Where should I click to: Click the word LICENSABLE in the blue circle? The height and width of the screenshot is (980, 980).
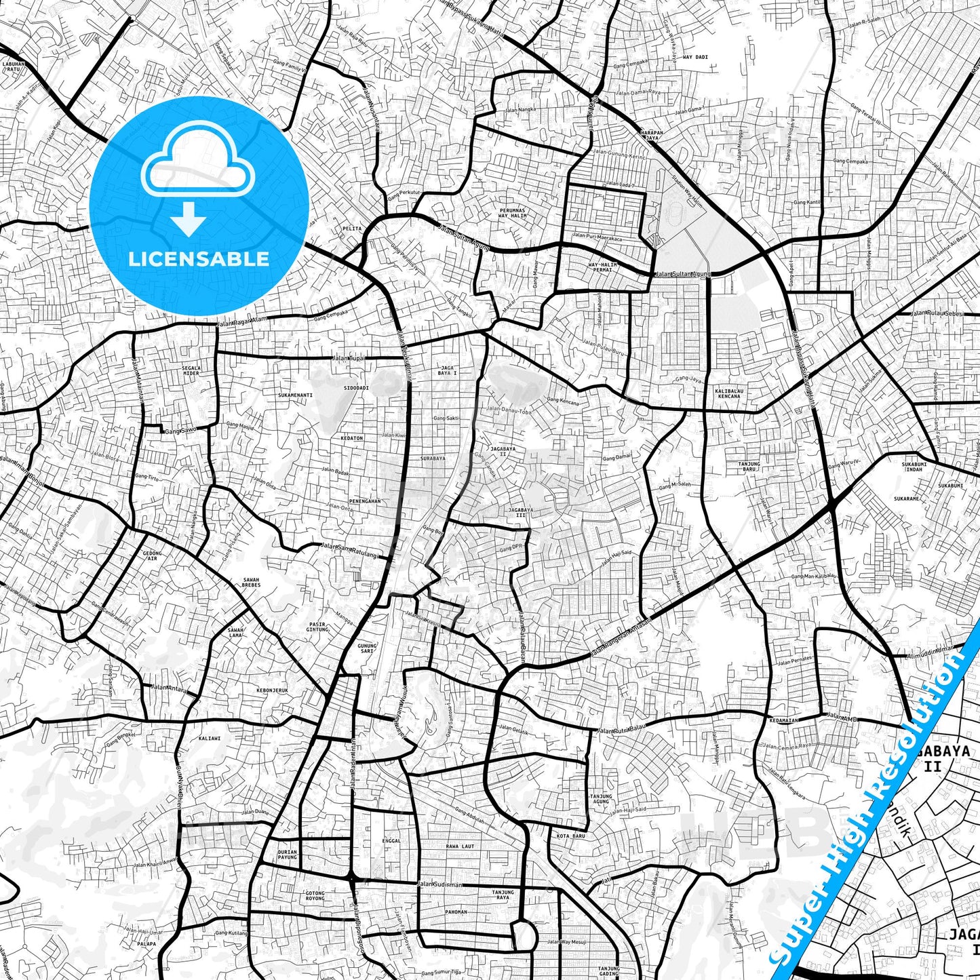coord(199,259)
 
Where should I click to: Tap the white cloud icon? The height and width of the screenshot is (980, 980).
coord(197,166)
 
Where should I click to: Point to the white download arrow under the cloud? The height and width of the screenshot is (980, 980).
coord(189,220)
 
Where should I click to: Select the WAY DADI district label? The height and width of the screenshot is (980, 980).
coord(695,57)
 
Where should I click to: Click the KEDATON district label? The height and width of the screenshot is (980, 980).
coord(352,438)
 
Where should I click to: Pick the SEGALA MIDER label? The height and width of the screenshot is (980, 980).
coord(191,370)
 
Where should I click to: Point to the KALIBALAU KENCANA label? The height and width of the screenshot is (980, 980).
coord(728,393)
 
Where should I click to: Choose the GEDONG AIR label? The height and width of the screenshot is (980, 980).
coord(153,555)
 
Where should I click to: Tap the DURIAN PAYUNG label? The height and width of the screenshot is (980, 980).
coord(288,855)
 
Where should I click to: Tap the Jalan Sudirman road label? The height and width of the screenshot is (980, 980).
coord(439,884)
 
